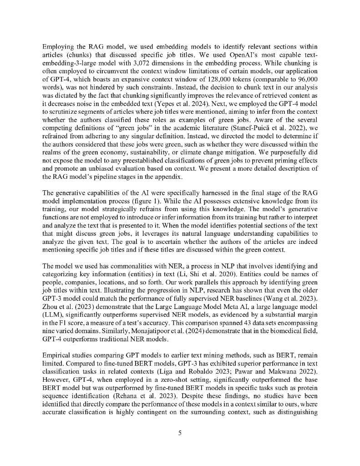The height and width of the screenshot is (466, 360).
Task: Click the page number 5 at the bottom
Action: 180,433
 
